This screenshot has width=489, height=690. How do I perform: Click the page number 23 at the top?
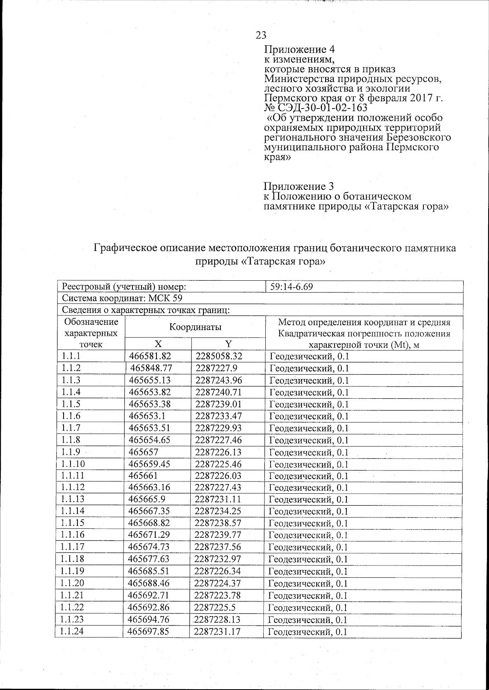tap(261, 35)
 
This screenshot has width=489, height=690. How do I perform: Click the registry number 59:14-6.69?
tap(291, 287)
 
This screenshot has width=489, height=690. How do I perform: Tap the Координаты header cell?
tap(195, 327)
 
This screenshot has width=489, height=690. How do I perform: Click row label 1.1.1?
tap(71, 356)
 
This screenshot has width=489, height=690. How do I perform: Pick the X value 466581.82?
tap(150, 356)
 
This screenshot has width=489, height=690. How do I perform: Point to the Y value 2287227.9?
tap(216, 368)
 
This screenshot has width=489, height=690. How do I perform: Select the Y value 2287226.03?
tap(218, 476)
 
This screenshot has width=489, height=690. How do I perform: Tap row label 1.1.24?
tap(71, 632)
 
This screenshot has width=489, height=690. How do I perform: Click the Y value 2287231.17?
tap(217, 632)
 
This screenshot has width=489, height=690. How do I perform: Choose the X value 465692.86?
tap(148, 608)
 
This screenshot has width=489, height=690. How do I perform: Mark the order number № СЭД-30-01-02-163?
tap(316, 108)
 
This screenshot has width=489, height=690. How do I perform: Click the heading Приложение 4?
tap(300, 50)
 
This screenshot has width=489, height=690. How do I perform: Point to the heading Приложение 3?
tap(299, 186)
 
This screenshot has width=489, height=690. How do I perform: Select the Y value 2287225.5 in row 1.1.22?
tap(215, 608)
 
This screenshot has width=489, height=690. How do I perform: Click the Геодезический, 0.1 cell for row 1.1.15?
tap(308, 524)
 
